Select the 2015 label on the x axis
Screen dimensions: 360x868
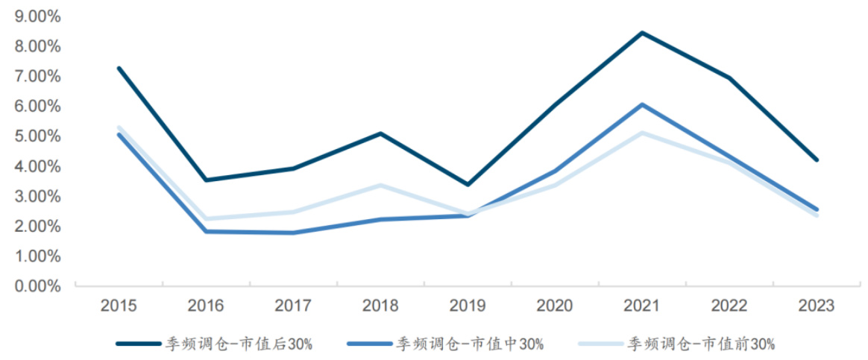(x=119, y=306)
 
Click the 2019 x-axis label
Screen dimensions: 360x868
(x=468, y=306)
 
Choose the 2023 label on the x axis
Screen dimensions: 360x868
(x=817, y=306)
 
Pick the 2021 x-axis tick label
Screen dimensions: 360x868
(x=642, y=306)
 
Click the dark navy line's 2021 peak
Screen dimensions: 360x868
(x=642, y=33)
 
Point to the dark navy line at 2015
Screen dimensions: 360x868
(x=119, y=68)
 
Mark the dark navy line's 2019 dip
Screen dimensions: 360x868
(x=468, y=184)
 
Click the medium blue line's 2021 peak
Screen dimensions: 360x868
(x=642, y=104)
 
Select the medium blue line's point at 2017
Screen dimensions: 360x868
(x=293, y=233)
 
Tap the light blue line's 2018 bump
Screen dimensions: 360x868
(x=380, y=185)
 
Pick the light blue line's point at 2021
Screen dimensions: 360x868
(x=642, y=133)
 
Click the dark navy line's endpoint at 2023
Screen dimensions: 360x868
(x=817, y=160)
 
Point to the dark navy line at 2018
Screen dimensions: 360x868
(x=380, y=133)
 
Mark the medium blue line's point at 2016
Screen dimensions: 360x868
(x=206, y=231)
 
